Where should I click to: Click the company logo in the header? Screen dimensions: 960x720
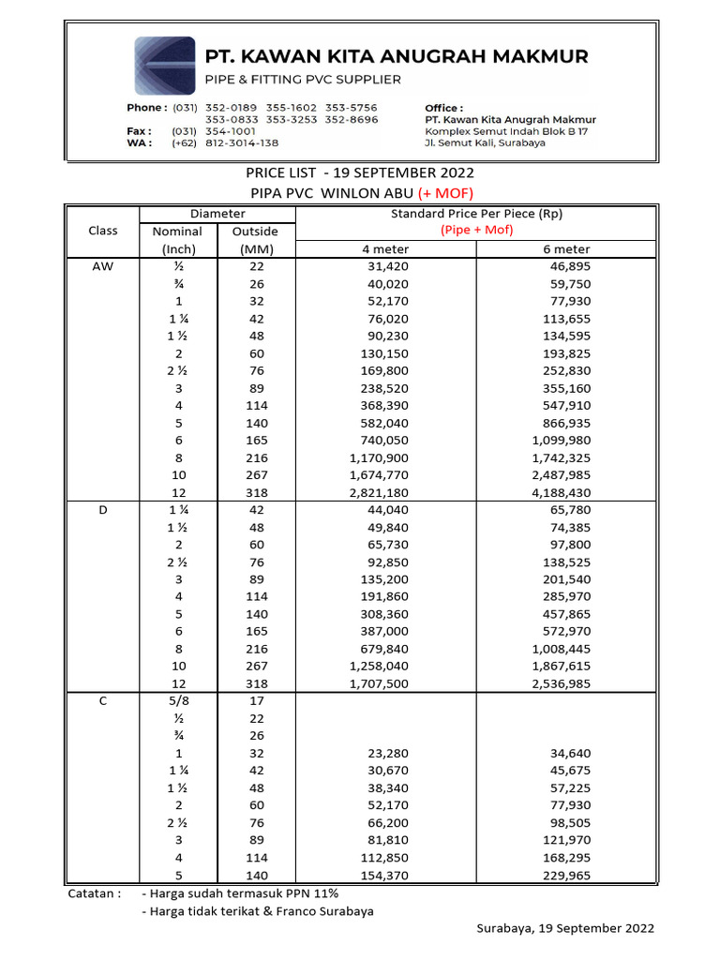pyautogui.click(x=165, y=64)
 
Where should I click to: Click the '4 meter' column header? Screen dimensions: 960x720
pyautogui.click(x=385, y=249)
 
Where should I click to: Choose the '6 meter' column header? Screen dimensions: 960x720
pyautogui.click(x=565, y=249)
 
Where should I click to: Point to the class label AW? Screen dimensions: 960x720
pyautogui.click(x=102, y=266)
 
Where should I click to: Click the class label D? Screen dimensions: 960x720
pyautogui.click(x=102, y=510)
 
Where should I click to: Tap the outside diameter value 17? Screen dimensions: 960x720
pyautogui.click(x=257, y=701)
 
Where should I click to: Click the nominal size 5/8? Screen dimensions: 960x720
pyautogui.click(x=177, y=701)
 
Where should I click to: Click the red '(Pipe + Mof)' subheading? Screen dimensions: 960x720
pyautogui.click(x=477, y=231)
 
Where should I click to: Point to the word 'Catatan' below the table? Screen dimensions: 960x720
pyautogui.click(x=94, y=893)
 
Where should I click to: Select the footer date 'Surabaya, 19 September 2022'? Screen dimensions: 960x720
pyautogui.click(x=565, y=929)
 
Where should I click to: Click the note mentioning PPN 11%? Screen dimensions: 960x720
pyautogui.click(x=240, y=893)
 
